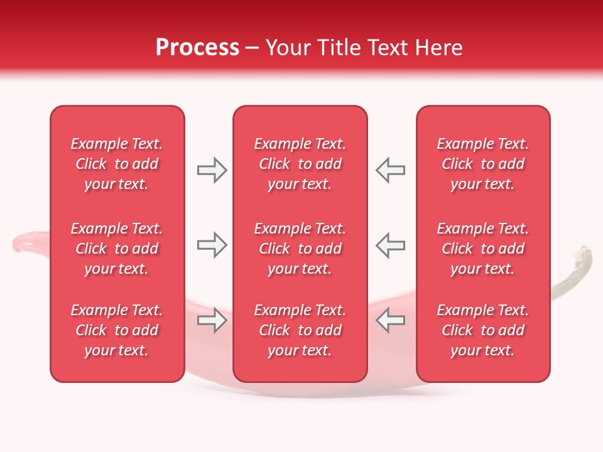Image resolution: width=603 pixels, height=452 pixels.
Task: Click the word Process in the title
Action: tap(197, 47)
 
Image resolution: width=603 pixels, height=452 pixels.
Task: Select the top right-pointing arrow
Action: tap(212, 170)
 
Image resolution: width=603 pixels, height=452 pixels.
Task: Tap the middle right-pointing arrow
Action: tap(212, 245)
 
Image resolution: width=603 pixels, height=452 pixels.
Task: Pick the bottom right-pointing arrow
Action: tap(212, 320)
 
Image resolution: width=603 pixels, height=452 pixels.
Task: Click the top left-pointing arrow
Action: tap(390, 170)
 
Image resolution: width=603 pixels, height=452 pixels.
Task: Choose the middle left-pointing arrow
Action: tap(390, 245)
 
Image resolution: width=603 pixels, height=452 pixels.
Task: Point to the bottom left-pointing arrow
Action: tap(390, 320)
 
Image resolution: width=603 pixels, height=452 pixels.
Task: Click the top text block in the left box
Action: tap(117, 164)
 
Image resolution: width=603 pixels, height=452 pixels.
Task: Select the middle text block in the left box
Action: tap(117, 249)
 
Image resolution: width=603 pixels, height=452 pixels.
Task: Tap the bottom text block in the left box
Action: tap(117, 330)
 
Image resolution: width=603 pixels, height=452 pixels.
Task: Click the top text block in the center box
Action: tap(300, 164)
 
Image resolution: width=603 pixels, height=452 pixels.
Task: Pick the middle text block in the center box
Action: tap(300, 249)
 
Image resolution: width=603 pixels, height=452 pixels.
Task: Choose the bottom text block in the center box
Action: tap(300, 330)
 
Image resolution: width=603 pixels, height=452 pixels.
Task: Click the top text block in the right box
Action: tap(483, 164)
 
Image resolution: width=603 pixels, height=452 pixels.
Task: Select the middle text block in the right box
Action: tap(483, 249)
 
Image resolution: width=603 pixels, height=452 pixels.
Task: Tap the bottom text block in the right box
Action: tap(483, 330)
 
